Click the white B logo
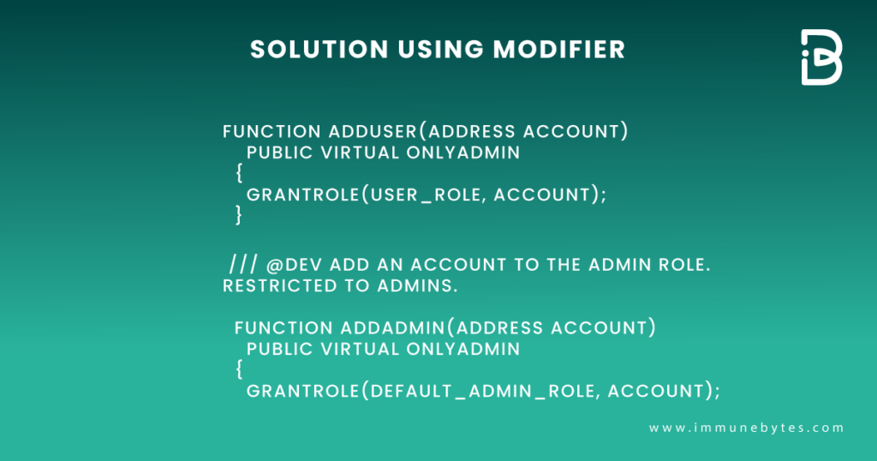tap(820, 57)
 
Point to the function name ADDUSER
tap(373, 132)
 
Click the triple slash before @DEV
tap(242, 264)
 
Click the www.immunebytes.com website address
tap(746, 428)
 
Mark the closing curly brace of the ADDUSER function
tap(239, 215)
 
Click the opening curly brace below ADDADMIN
tap(239, 370)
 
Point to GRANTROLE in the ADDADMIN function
tap(300, 391)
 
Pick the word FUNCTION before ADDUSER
tap(271, 132)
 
